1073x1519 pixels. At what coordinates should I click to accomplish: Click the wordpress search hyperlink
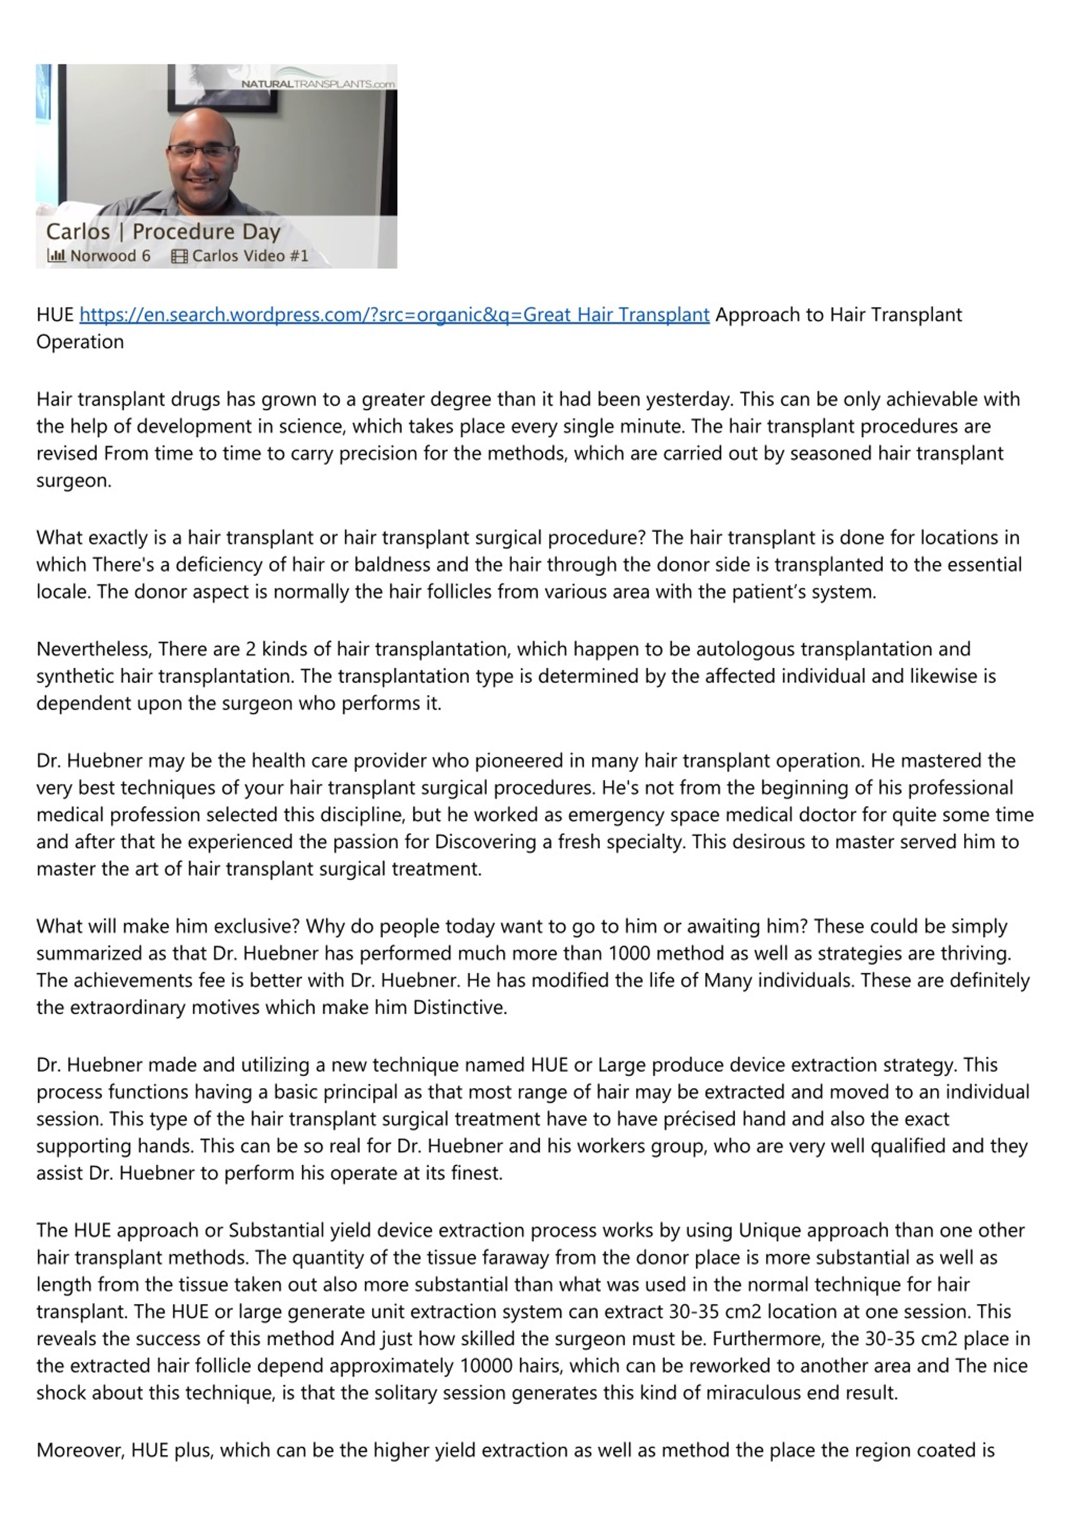(x=394, y=314)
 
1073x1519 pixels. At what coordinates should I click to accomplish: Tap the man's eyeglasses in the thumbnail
(x=201, y=151)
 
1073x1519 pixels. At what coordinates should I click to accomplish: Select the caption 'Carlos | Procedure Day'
(x=163, y=231)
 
